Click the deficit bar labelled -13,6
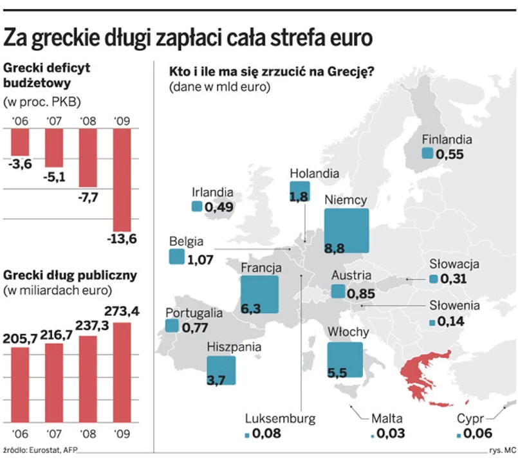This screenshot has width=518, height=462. point(122,180)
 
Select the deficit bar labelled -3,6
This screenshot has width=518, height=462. point(20,142)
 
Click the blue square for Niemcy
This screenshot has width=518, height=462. point(346,230)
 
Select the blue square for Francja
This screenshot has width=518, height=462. point(259,294)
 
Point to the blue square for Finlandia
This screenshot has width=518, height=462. point(427,153)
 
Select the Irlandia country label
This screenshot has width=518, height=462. point(212,192)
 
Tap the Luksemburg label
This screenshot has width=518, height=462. point(281,418)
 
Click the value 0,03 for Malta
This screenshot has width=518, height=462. point(391,434)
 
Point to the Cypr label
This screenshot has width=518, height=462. point(470,419)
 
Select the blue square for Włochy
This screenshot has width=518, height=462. point(345,360)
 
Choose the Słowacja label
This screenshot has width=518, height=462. point(455,264)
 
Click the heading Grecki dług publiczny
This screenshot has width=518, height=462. point(70,275)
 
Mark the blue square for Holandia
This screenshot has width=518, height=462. point(299,192)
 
